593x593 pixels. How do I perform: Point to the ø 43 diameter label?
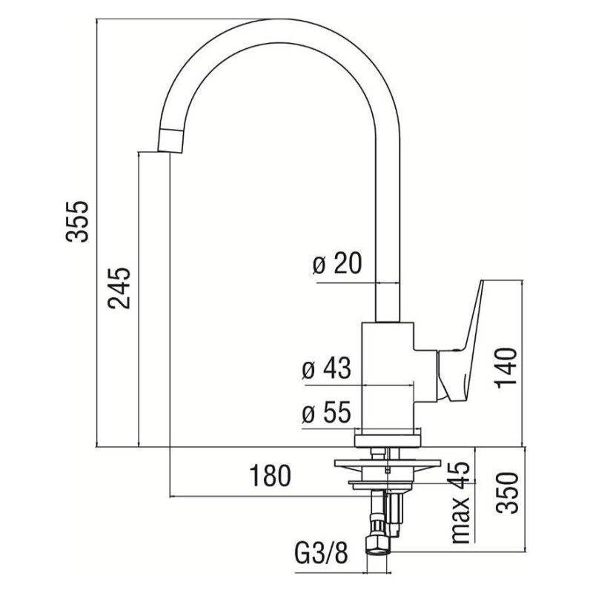[326, 368]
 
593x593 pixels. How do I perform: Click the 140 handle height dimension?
[506, 365]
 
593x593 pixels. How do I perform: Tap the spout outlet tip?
[168, 142]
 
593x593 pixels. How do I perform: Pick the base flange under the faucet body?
[389, 438]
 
